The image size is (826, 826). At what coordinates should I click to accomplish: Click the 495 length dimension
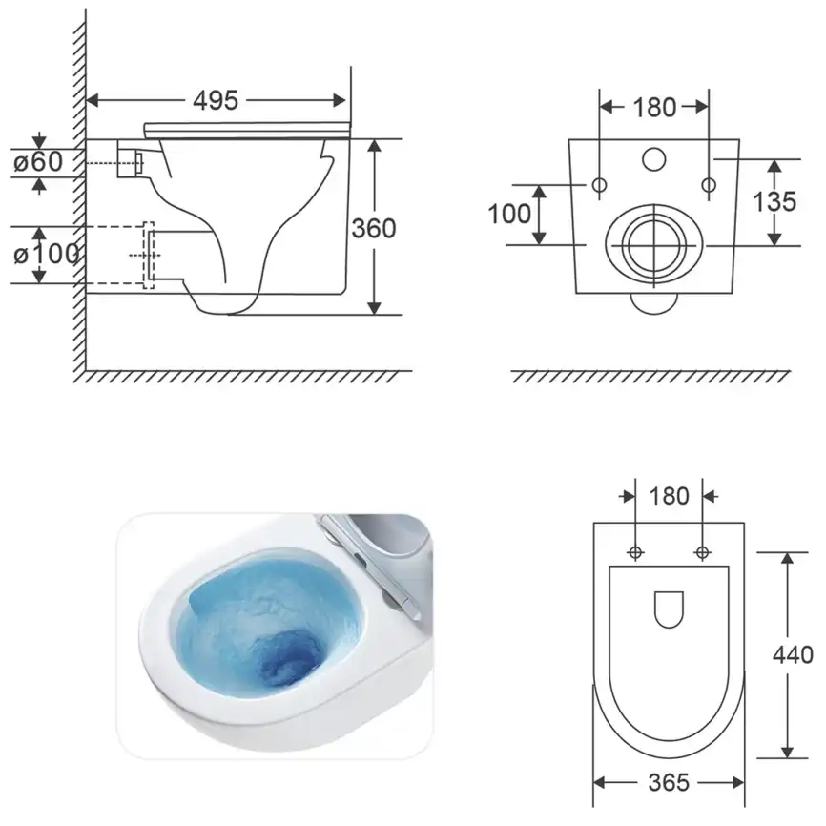click(x=216, y=100)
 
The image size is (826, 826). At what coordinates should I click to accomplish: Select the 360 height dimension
click(x=374, y=228)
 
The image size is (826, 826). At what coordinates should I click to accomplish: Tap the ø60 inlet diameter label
click(x=38, y=162)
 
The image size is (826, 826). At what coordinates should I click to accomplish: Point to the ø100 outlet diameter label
click(x=47, y=254)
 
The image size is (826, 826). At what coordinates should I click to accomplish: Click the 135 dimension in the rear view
click(x=774, y=201)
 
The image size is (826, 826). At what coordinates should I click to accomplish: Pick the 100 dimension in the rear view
click(x=509, y=214)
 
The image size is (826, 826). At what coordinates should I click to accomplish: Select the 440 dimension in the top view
click(x=793, y=655)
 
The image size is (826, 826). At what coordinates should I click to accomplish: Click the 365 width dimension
click(x=669, y=782)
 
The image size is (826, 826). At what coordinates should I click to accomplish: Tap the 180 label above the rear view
click(x=654, y=108)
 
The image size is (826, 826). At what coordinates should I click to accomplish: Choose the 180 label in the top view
click(x=669, y=496)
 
